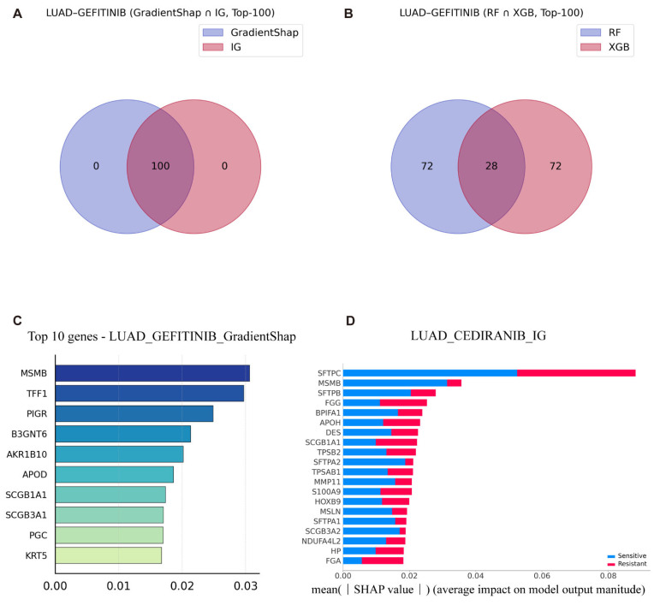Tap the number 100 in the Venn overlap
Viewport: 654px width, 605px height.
point(160,165)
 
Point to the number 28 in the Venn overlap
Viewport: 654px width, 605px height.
point(490,165)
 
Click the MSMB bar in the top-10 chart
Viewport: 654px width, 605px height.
point(152,373)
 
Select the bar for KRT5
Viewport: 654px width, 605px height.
point(109,555)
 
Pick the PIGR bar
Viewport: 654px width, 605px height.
point(134,413)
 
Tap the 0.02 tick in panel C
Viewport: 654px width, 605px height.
point(181,586)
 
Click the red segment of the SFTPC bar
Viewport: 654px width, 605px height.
point(576,372)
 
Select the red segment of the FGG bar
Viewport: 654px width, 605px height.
point(403,402)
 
